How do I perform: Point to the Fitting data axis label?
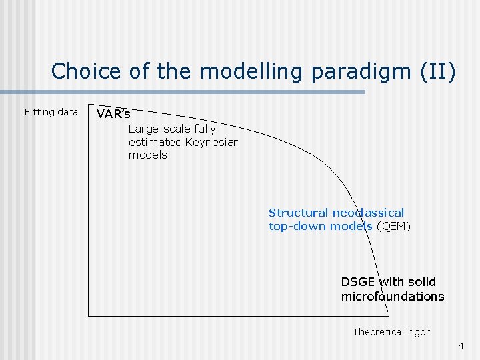tap(51, 112)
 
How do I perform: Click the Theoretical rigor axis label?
tap(391, 332)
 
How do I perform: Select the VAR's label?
tap(113, 114)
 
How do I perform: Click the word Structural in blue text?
tap(298, 213)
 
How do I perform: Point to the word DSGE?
tap(358, 281)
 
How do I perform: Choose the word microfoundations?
tap(392, 297)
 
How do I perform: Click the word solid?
tap(421, 281)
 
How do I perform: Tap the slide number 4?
tap(461, 346)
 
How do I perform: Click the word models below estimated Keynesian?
tap(147, 155)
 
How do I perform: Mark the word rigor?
tap(417, 332)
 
